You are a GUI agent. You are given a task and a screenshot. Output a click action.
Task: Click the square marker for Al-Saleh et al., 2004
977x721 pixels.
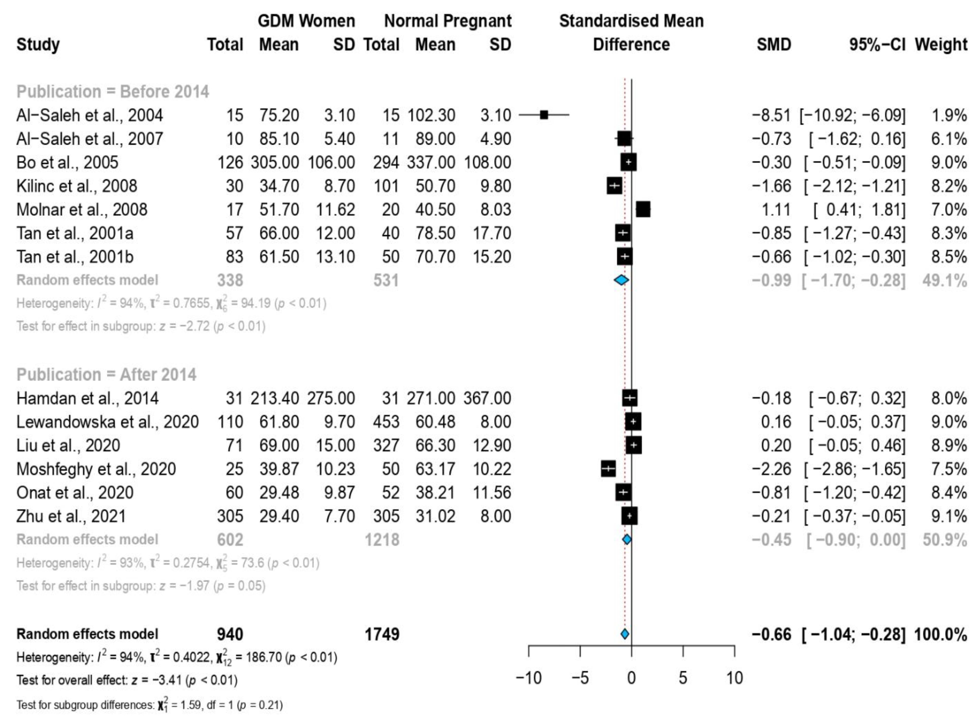pyautogui.click(x=544, y=115)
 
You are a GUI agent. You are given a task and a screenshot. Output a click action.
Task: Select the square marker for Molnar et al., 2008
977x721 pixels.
pyautogui.click(x=643, y=209)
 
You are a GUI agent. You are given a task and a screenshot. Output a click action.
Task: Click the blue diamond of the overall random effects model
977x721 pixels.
pyautogui.click(x=625, y=634)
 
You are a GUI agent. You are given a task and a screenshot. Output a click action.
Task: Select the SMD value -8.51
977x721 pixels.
pyautogui.click(x=771, y=115)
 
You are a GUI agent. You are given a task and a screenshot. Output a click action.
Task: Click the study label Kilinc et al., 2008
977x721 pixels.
pyautogui.click(x=77, y=186)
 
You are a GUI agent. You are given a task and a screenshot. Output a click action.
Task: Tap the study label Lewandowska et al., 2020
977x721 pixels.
pyautogui.click(x=107, y=422)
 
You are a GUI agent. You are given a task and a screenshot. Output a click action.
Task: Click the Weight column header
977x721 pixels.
pyautogui.click(x=941, y=44)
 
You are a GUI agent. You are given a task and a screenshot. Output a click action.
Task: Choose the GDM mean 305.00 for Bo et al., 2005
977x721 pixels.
pyautogui.click(x=275, y=162)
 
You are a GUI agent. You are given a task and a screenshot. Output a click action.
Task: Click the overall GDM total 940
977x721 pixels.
pyautogui.click(x=230, y=634)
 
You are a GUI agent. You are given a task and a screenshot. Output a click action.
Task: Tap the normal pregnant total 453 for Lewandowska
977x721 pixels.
pyautogui.click(x=386, y=422)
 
